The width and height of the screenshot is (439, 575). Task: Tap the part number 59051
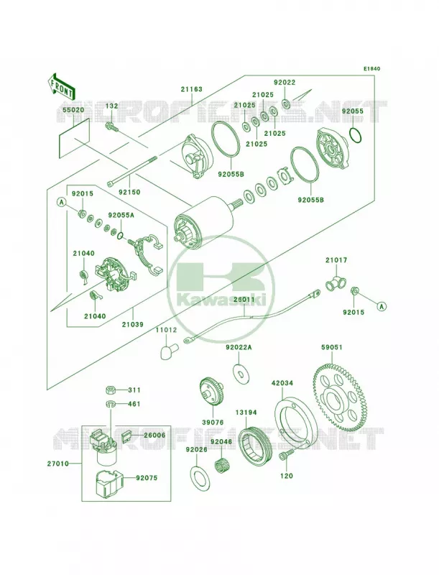[332, 347]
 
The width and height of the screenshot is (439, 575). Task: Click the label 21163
[191, 89]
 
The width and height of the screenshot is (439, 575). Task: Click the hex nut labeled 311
[111, 390]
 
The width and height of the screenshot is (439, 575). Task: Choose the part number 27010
[58, 464]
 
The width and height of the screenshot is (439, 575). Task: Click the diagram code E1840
[372, 68]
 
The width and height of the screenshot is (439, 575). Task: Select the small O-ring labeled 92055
[356, 134]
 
